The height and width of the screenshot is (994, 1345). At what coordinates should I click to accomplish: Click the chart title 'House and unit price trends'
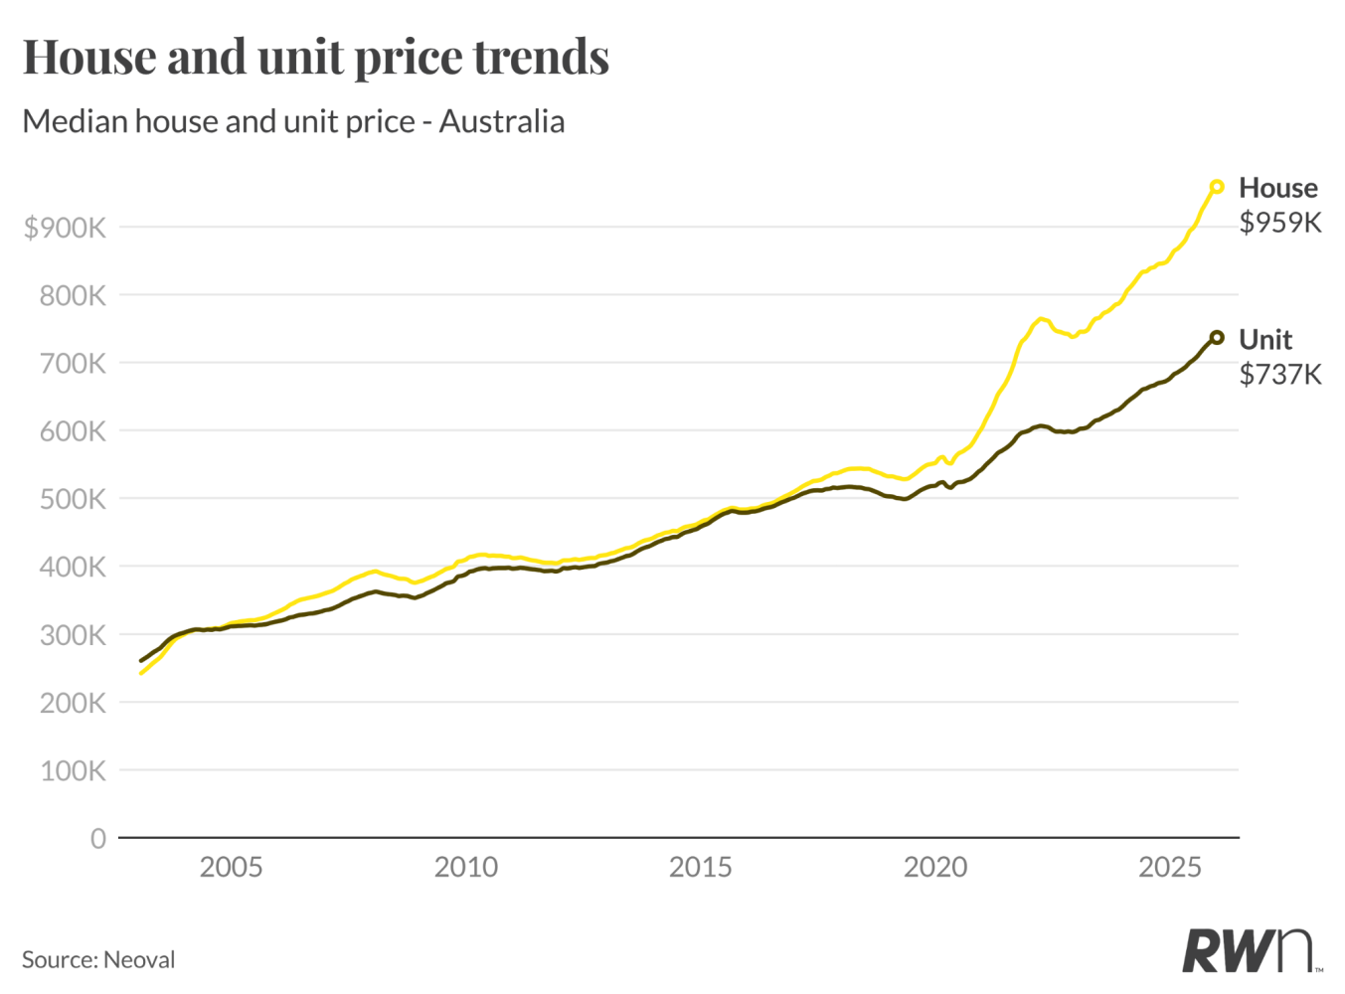315,57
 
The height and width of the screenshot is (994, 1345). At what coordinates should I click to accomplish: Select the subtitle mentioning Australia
293,121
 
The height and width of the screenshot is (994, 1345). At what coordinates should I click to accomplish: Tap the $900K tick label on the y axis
65,228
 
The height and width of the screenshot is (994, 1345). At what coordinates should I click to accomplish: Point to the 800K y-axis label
73,295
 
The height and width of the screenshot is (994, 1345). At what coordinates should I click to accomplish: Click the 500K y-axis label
73,499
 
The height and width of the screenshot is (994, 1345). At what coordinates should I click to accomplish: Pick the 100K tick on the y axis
73,770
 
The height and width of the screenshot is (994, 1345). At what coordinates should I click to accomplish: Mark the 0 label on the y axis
97,839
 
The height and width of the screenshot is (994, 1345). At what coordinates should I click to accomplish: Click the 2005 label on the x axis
231,867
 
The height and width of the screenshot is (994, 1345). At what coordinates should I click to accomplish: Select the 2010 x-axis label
465,867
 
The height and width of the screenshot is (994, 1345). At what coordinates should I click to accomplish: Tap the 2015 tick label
700,867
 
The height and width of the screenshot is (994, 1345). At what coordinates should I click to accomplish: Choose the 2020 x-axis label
934,867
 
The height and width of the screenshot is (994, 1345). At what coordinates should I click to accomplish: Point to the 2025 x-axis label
1169,867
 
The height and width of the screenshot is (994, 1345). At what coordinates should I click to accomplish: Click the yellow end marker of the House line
1216,187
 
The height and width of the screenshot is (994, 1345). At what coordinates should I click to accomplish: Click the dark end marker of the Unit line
1216,338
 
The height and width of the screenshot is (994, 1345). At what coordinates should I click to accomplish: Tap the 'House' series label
1277,188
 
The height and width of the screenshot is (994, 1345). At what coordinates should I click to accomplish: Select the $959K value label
1280,223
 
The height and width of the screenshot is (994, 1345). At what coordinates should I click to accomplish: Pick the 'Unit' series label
1264,340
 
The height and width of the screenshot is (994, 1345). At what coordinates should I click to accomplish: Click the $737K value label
1280,375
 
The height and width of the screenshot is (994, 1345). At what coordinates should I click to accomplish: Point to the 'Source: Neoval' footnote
98,959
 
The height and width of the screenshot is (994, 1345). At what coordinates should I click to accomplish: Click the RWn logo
1250,951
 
